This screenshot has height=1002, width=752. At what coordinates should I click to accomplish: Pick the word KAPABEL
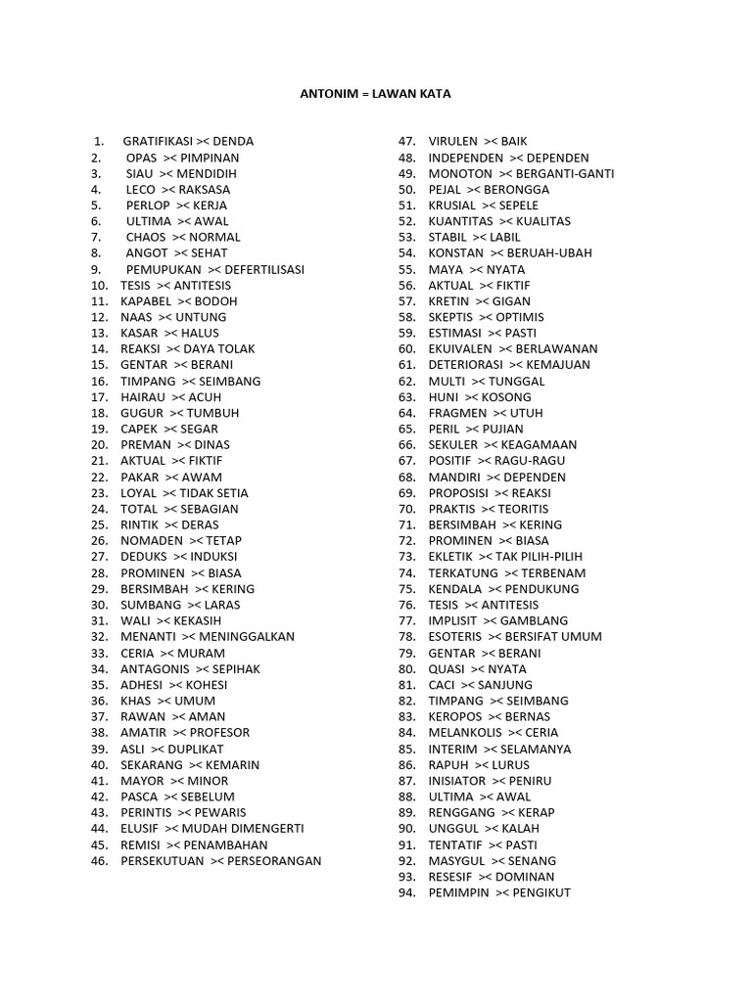point(145,301)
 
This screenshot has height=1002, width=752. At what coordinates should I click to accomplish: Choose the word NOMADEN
point(151,540)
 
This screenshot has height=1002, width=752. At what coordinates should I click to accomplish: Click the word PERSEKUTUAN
point(162,861)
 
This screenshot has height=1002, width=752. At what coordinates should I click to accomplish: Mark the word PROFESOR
point(220,732)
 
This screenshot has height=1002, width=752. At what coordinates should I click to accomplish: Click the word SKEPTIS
point(450,317)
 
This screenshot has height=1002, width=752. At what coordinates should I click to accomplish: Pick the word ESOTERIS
point(456,636)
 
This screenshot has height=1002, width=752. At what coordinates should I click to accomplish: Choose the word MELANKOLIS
point(464,732)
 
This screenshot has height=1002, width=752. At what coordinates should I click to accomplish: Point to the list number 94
point(407,892)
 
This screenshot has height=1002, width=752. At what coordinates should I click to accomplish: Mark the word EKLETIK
point(450,557)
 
